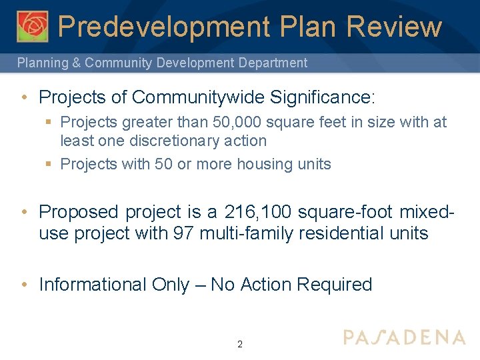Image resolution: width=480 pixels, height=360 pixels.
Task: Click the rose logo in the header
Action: pyautogui.click(x=33, y=26)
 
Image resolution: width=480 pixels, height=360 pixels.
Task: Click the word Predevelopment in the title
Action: pyautogui.click(x=163, y=27)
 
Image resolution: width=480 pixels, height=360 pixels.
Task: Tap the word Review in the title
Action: pyautogui.click(x=394, y=27)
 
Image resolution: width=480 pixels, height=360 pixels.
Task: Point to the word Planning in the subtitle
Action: pyautogui.click(x=43, y=63)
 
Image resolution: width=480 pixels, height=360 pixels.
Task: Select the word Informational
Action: pyautogui.click(x=93, y=285)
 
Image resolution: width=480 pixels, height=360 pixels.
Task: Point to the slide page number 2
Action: pyautogui.click(x=240, y=345)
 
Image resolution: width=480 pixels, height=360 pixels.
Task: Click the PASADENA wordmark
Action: pyautogui.click(x=404, y=337)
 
